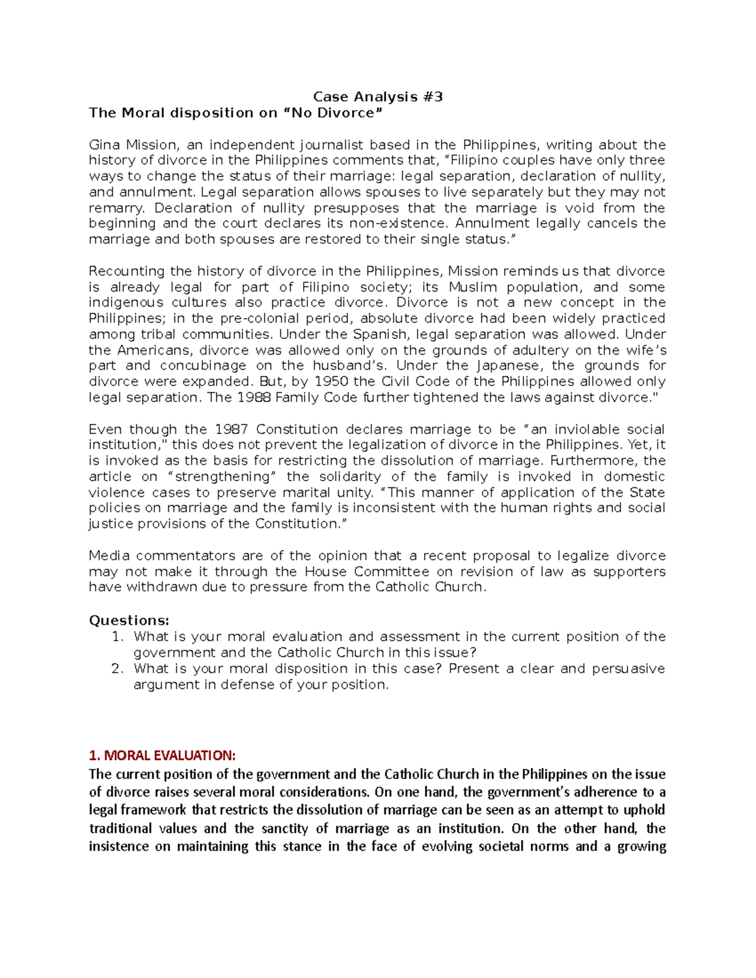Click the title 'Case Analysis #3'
[x=378, y=97]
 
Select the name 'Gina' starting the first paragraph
[x=103, y=145]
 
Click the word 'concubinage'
[x=203, y=366]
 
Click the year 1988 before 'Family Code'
[x=254, y=398]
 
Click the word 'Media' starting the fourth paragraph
[x=109, y=556]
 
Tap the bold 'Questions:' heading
[x=129, y=621]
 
